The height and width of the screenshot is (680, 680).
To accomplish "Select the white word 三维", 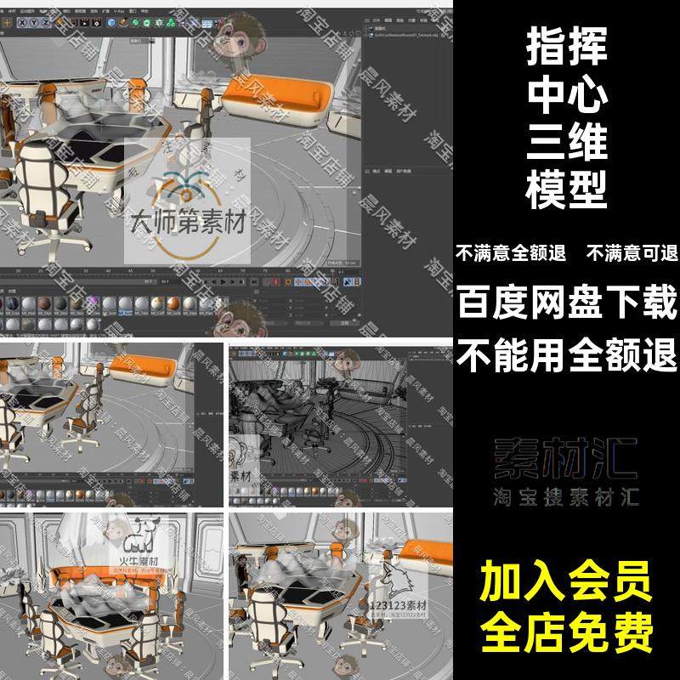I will point(567,142).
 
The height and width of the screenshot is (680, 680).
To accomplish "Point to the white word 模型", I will point(567,190).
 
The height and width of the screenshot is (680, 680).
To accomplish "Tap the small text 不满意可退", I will point(631,252).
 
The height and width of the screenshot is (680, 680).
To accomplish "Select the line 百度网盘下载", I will point(568,302).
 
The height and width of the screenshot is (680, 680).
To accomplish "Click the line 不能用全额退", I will point(568,353).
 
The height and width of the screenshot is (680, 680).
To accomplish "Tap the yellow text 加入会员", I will point(568,584).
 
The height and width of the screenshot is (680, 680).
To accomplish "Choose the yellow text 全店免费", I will point(568,631).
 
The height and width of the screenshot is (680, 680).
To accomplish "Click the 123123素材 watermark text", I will point(399,607).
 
